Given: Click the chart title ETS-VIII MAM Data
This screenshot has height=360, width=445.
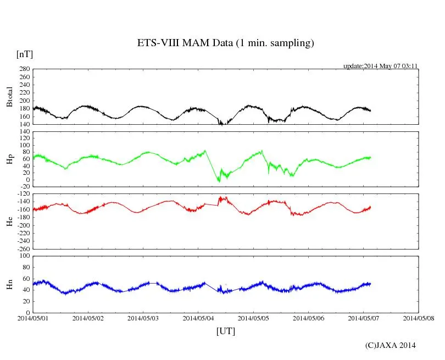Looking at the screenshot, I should click(225, 43).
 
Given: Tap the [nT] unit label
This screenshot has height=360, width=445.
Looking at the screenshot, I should click(25, 54).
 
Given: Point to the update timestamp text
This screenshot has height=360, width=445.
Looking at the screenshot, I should click(381, 66).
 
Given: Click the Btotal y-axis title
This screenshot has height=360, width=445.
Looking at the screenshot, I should click(9, 97).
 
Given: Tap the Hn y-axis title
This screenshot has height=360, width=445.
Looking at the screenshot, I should click(9, 284).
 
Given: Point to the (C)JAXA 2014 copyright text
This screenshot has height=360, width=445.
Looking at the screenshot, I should click(391, 345).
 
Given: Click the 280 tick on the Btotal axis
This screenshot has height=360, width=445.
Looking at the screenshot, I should click(24, 69).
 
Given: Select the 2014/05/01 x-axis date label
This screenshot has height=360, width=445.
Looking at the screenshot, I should click(32, 318).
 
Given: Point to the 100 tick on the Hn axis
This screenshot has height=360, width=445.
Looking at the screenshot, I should click(24, 256).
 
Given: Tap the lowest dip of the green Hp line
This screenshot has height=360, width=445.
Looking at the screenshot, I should click(219, 181).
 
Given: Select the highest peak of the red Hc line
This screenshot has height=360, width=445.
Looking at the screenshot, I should click(221, 197).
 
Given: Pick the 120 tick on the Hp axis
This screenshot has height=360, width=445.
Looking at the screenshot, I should click(24, 132).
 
